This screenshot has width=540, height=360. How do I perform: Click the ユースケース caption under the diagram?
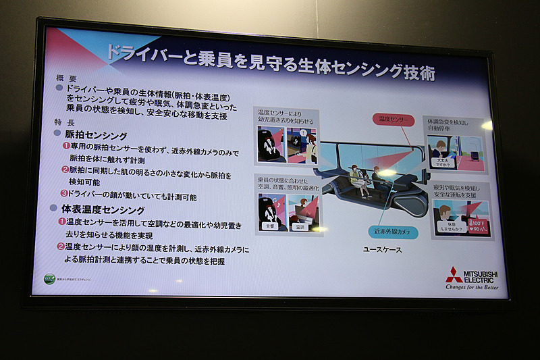pos(382,250)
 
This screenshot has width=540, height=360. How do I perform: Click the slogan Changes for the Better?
pos(471,286)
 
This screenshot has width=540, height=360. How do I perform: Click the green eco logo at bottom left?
pos(49,278)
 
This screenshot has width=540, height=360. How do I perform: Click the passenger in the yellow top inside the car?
pos(354,175)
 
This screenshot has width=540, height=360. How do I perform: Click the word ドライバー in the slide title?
pos(142,55)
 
